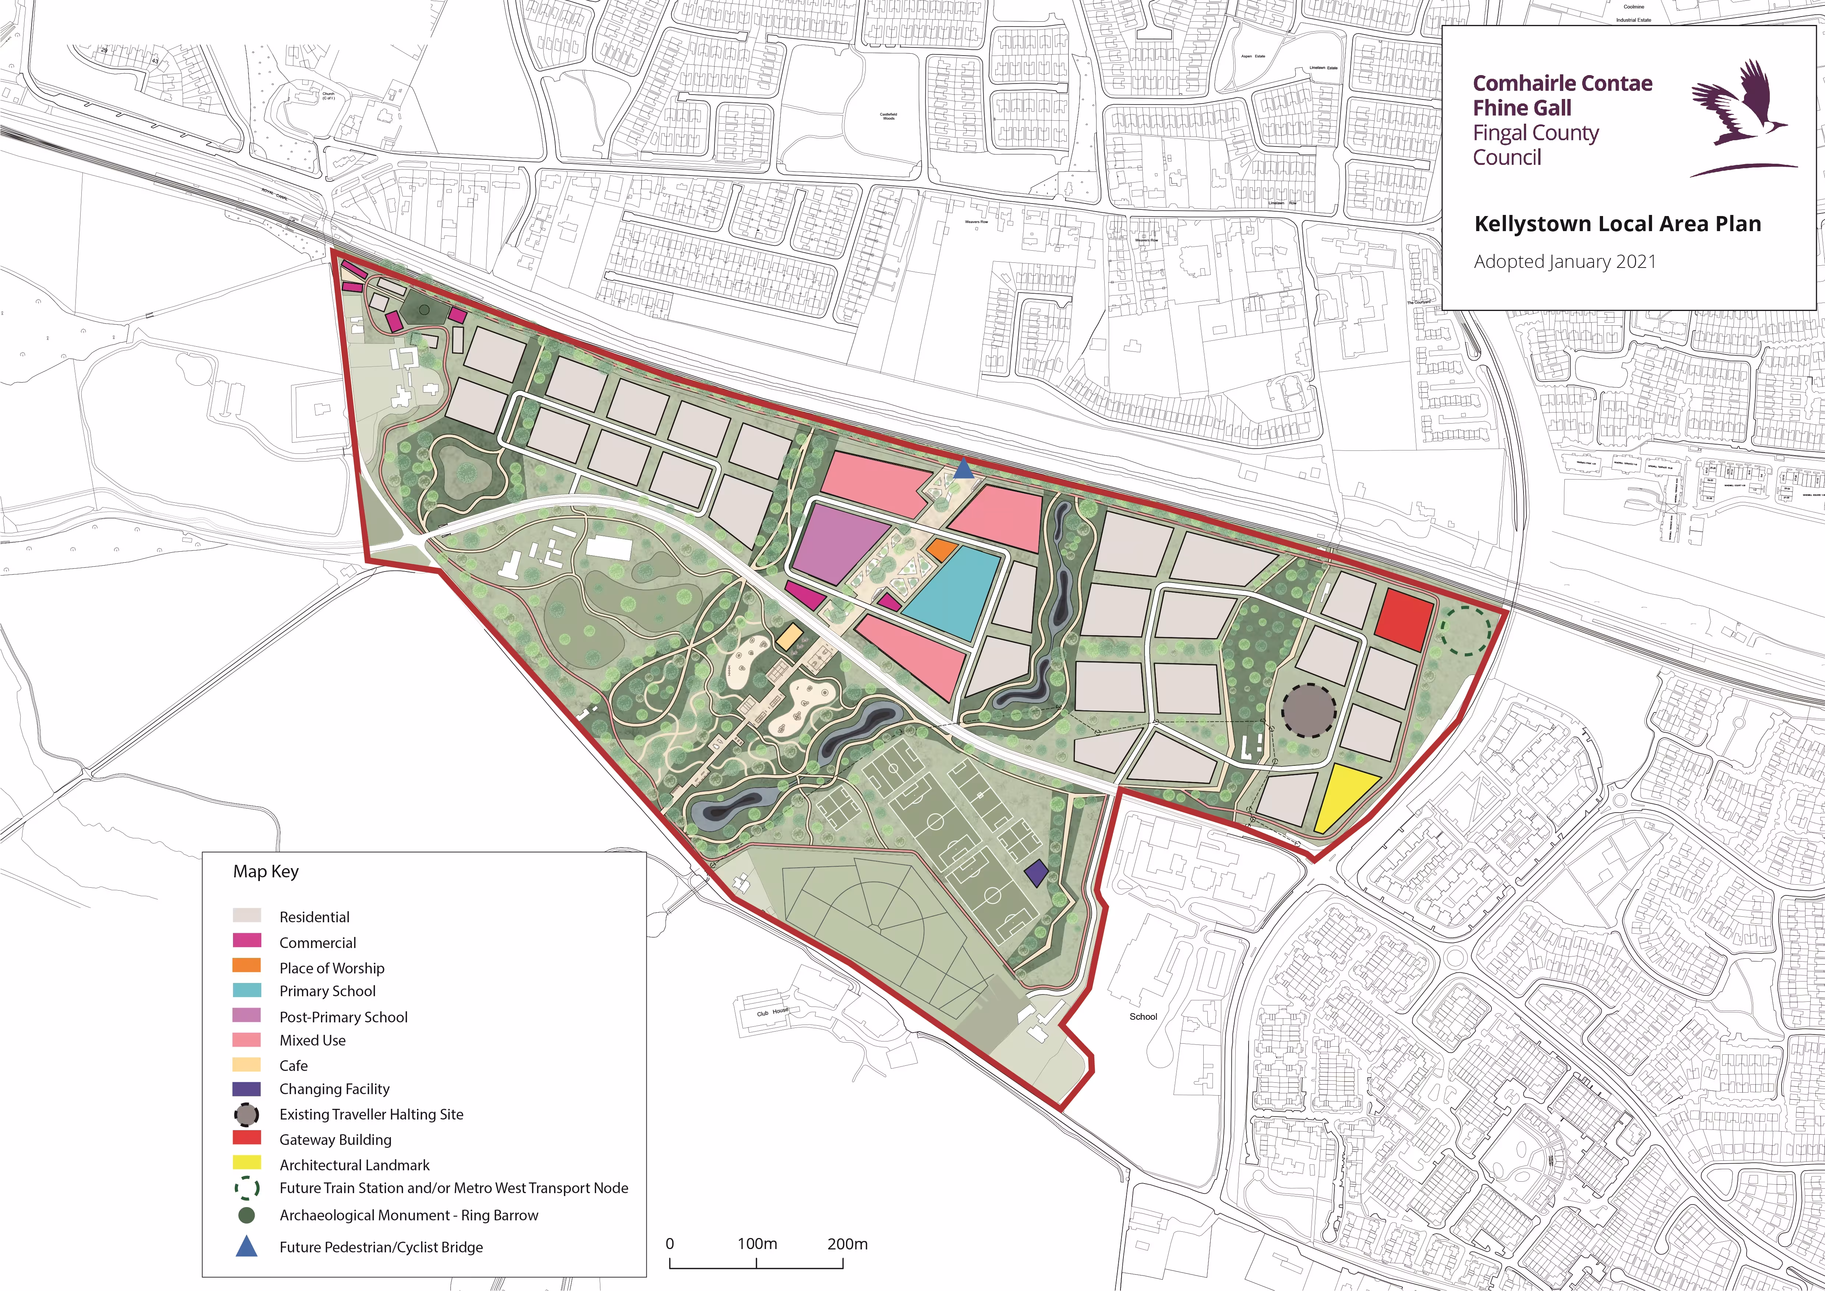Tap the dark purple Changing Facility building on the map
coord(1035,874)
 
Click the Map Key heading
coord(266,871)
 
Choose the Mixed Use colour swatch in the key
coord(247,1040)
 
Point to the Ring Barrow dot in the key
coord(247,1215)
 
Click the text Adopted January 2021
coord(1564,262)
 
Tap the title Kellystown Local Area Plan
coord(1617,223)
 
